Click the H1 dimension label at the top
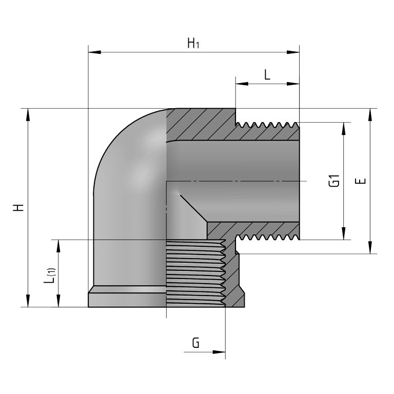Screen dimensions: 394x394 coord(193,44)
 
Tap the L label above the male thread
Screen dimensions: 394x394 coord(267,75)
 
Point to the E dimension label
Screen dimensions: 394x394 coord(362,181)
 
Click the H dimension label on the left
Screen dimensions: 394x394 coord(19,208)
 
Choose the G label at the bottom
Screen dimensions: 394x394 coord(195,343)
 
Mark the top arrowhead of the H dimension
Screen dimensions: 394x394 coord(28,114)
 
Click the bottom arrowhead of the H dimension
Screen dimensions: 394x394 coord(28,302)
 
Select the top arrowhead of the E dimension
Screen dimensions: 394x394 coord(369,114)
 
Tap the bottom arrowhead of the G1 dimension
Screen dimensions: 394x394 coord(343,234)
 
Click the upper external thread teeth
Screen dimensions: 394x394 coord(267,125)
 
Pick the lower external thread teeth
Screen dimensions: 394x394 coord(267,237)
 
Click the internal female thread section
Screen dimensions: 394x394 coord(195,272)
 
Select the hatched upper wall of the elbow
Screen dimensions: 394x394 coord(205,126)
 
